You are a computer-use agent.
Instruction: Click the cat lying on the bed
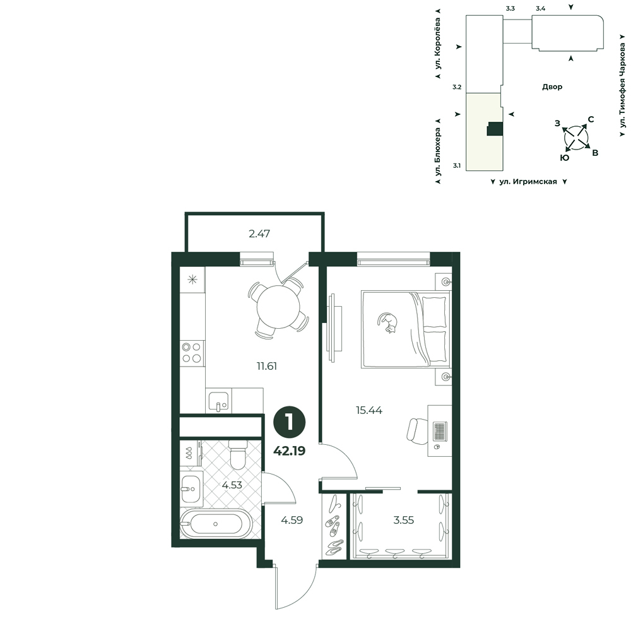coord(388,322)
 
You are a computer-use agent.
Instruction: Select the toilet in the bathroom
coord(238,454)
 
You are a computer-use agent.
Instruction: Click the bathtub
coord(216,524)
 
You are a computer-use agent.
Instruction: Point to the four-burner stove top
coord(192,353)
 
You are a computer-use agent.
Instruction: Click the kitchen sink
coord(218,400)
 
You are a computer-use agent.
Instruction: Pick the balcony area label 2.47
coord(259,233)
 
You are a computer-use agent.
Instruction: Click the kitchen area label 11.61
coord(267,366)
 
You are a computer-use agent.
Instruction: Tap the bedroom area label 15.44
coord(369,410)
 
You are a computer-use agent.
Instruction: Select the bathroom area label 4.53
coord(232,485)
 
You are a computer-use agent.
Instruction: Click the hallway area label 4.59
coord(292,520)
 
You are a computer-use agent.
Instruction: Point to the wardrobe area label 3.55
coord(404,520)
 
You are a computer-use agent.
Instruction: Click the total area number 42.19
coord(290,451)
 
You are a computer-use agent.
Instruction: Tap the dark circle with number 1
coord(290,423)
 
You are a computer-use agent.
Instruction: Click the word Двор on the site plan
coord(552,86)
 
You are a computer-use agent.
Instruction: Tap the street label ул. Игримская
coord(528,182)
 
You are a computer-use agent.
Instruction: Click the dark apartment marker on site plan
coord(495,129)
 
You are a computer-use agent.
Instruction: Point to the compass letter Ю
coord(565,158)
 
